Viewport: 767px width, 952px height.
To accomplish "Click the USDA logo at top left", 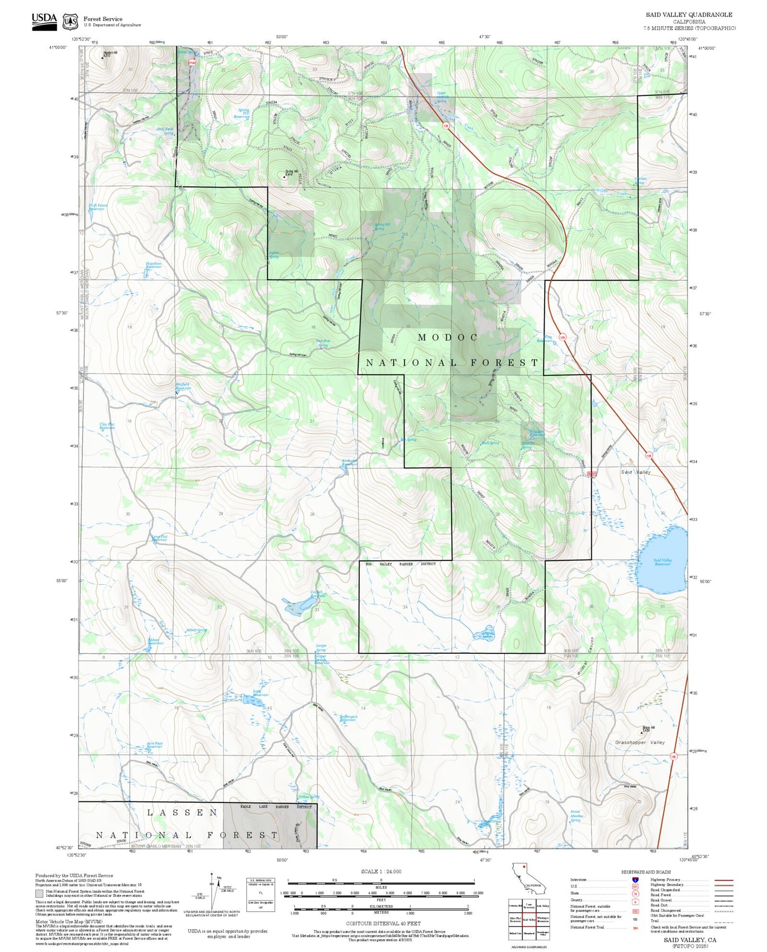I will click(44, 21).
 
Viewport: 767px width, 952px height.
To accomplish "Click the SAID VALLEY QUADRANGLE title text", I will click(688, 15).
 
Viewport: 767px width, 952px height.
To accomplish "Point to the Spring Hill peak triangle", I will click(284, 177).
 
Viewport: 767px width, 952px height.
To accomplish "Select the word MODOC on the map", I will click(448, 337).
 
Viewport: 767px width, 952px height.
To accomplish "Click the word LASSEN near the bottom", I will click(182, 812).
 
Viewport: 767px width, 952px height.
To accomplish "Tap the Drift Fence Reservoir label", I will click(97, 207).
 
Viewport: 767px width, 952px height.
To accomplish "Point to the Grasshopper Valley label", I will click(640, 742).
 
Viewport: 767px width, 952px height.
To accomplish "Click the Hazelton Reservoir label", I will click(153, 265).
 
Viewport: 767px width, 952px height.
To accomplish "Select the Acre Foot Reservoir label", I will click(154, 745).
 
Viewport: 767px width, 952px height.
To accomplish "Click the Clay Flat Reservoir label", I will click(107, 426).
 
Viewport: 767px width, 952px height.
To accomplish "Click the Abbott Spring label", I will click(196, 630).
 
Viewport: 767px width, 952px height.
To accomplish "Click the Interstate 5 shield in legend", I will click(635, 880).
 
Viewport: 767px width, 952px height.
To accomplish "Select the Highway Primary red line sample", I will click(723, 880).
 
